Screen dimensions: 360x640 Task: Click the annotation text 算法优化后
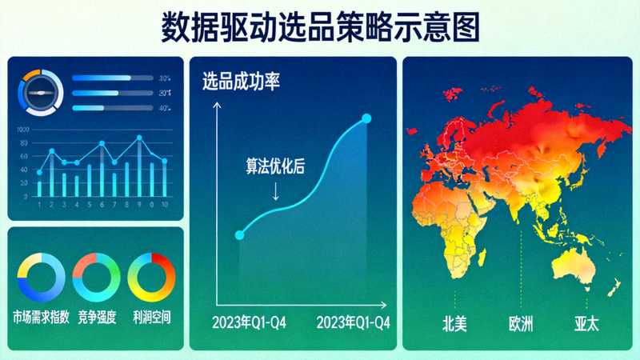point(274,167)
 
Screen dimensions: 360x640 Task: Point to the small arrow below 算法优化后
point(276,192)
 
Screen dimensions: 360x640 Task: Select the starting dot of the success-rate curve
point(239,235)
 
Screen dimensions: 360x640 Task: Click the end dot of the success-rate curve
point(366,119)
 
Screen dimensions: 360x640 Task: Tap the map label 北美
point(454,326)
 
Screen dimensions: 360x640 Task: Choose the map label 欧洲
point(521,326)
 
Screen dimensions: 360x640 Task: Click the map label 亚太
point(586,326)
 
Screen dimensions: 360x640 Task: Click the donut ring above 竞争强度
point(96,277)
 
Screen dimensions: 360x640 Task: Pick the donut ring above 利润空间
point(151,277)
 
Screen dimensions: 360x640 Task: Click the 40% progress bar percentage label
point(164,108)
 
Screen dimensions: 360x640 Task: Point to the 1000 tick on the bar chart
point(22,130)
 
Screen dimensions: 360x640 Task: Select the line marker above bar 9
point(139,138)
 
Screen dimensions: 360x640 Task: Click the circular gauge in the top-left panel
point(38,93)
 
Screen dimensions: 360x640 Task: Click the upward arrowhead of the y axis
point(215,107)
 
